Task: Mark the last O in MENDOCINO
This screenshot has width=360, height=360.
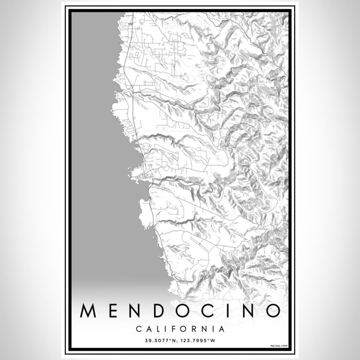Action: (x=273, y=310)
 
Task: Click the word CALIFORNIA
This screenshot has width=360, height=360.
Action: (x=180, y=329)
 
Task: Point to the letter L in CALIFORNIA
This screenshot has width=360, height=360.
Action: (x=156, y=329)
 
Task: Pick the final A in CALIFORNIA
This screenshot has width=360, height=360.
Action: (x=223, y=329)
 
